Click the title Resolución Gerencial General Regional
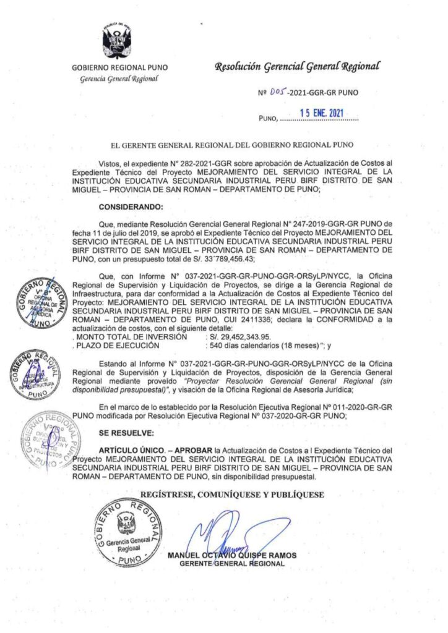296,66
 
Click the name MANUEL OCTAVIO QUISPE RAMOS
232,555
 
